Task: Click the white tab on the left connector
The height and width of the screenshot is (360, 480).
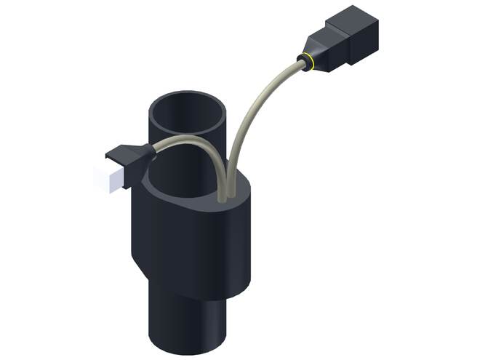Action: [105, 179]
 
